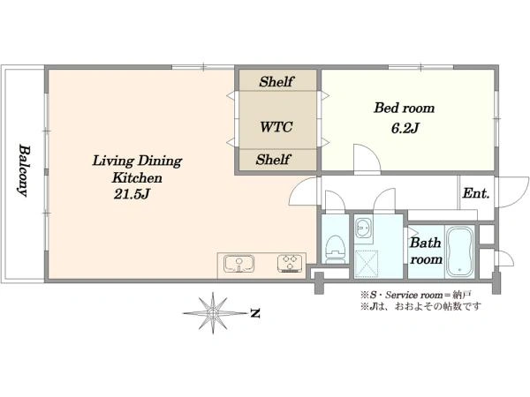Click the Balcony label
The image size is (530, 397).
click(x=24, y=171)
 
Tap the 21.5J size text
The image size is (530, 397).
click(x=132, y=194)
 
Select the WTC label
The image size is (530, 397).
click(x=276, y=127)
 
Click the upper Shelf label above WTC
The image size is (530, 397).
click(x=276, y=81)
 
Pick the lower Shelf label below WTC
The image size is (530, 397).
click(x=273, y=160)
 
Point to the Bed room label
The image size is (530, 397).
click(x=405, y=108)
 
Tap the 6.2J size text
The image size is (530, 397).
click(x=405, y=128)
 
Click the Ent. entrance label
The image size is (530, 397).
click(x=476, y=193)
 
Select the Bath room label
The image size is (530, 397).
click(x=426, y=251)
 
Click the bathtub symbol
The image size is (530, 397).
click(x=459, y=251)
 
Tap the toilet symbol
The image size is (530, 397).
click(x=335, y=249)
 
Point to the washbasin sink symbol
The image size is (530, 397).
click(x=364, y=229)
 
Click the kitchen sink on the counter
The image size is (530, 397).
click(x=239, y=264)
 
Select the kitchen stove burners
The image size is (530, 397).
click(x=290, y=263)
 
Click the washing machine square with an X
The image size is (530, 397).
click(x=366, y=264)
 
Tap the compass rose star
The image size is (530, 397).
click(x=213, y=313)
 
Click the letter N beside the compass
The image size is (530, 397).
click(x=255, y=313)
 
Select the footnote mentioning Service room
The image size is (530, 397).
click(x=415, y=295)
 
